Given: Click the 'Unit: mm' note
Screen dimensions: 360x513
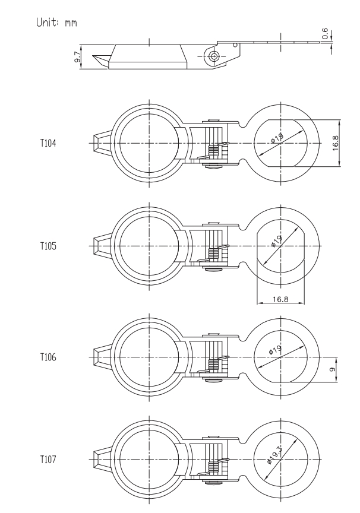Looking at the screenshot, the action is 56,22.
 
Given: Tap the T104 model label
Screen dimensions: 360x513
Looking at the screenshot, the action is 48,143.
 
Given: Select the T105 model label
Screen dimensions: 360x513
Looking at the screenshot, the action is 48,246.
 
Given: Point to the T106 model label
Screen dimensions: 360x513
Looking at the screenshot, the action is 48,357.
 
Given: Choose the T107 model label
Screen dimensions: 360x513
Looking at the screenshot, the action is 48,460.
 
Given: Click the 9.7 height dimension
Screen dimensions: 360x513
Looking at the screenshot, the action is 78,57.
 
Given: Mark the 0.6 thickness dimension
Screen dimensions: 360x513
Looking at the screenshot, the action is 325,33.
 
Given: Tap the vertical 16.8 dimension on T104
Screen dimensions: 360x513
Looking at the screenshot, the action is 336,143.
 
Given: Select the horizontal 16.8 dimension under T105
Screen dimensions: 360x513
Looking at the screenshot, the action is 280,299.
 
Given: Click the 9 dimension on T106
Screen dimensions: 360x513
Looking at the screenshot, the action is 333,369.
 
